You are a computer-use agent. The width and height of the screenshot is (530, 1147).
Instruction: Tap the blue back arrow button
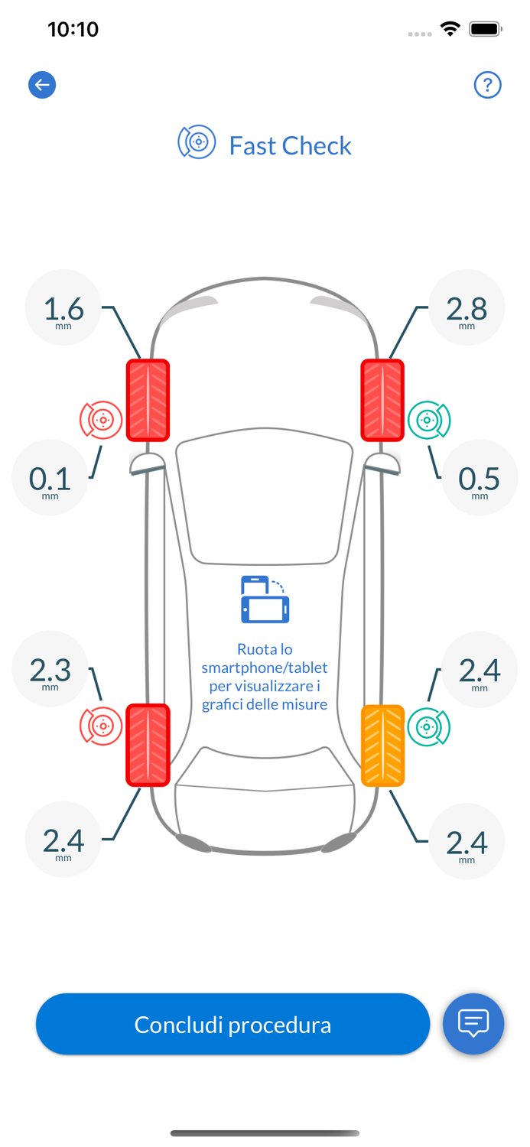point(42,85)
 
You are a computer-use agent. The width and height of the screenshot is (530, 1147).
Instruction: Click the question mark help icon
point(487,85)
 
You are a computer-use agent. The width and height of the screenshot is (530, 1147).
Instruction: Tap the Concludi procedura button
point(232,1024)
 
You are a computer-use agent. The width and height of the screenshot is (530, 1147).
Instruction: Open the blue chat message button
point(473,1023)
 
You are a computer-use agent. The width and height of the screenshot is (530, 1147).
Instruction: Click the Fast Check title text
point(290,145)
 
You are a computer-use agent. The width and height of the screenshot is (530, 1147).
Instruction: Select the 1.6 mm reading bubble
point(63,308)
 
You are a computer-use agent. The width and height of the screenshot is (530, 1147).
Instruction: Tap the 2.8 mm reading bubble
point(467,308)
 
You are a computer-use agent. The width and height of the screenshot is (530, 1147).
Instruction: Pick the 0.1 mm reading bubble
point(50,478)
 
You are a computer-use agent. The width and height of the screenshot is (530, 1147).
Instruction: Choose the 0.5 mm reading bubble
point(480,478)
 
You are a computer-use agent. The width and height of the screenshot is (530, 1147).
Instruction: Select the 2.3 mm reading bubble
point(50,669)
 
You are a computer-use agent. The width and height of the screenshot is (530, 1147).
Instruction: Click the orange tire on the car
point(382,745)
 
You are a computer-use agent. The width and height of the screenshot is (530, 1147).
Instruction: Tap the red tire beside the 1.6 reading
point(148,400)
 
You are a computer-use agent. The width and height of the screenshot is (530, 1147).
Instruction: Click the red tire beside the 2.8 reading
point(382,400)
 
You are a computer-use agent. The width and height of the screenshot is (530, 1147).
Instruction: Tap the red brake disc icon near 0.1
point(101,420)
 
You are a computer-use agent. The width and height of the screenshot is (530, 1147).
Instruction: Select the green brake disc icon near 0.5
point(429,420)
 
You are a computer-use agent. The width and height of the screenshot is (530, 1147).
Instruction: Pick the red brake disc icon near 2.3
point(101,726)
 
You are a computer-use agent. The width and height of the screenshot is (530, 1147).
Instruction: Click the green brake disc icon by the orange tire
point(428,726)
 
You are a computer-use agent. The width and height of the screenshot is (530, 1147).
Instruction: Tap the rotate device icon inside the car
point(265,599)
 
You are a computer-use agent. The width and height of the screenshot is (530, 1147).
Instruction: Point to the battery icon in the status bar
point(485,29)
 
